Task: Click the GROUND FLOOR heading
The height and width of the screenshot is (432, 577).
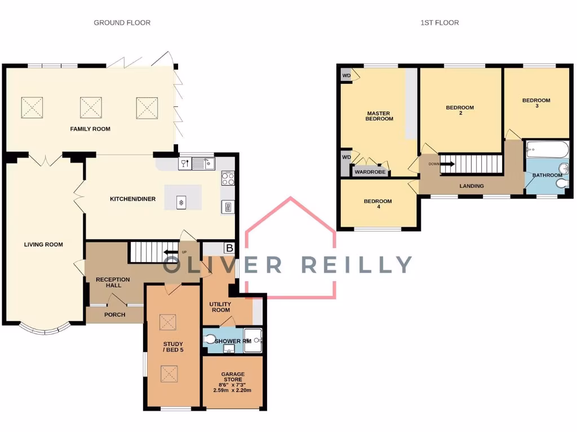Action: [x=122, y=22]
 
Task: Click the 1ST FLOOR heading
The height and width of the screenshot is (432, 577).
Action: [x=440, y=22]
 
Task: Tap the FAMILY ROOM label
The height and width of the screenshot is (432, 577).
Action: [x=90, y=129]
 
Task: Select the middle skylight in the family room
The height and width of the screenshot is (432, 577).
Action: [x=91, y=106]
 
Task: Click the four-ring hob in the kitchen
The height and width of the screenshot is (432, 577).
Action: [x=228, y=179]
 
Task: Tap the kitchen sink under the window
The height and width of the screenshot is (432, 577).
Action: [x=202, y=164]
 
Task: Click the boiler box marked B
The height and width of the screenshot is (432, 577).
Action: [x=229, y=248]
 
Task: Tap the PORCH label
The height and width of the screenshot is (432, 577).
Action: [x=115, y=314]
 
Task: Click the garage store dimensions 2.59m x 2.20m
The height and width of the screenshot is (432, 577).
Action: [x=233, y=390]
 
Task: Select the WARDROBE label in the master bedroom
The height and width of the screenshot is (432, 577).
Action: [x=370, y=172]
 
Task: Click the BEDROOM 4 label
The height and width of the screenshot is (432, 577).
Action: [x=378, y=204]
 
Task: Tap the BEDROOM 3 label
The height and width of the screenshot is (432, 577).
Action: [x=536, y=103]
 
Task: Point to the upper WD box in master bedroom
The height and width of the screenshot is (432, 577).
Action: [x=346, y=75]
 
